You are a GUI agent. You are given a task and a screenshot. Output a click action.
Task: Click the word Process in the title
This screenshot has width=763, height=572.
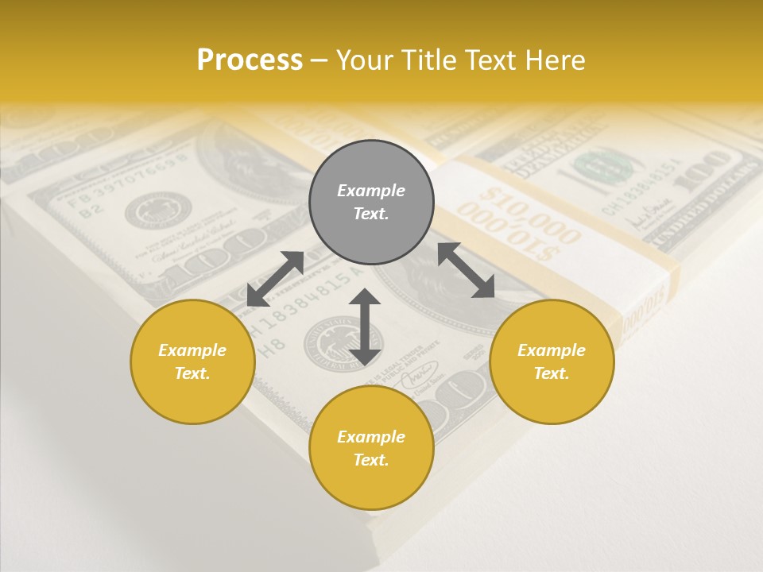click(x=250, y=60)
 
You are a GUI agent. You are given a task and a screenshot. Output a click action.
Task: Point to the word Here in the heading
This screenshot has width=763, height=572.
click(x=554, y=60)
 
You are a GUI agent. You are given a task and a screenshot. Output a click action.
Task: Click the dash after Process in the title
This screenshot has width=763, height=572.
click(x=320, y=61)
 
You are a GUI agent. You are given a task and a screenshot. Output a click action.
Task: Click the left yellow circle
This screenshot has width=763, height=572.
click(x=192, y=361)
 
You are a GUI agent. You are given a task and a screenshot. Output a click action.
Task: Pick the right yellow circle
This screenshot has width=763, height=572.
click(x=552, y=361)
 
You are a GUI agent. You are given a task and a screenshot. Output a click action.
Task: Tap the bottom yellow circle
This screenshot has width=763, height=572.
click(x=371, y=448)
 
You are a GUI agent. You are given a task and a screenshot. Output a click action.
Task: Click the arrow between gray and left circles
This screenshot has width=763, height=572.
click(x=275, y=279)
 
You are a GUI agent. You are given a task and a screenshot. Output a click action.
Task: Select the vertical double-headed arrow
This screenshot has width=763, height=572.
click(x=365, y=327)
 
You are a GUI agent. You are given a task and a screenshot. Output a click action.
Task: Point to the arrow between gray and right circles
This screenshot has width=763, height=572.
click(x=467, y=270)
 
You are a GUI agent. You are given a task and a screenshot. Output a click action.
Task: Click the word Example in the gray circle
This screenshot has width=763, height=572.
click(x=371, y=191)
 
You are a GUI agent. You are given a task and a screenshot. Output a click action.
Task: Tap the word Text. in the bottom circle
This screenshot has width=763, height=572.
click(x=371, y=460)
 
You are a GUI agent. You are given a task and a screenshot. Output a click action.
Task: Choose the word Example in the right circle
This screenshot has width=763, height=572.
click(x=552, y=350)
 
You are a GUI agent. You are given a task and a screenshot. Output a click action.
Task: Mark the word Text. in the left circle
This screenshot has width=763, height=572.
click(x=192, y=373)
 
